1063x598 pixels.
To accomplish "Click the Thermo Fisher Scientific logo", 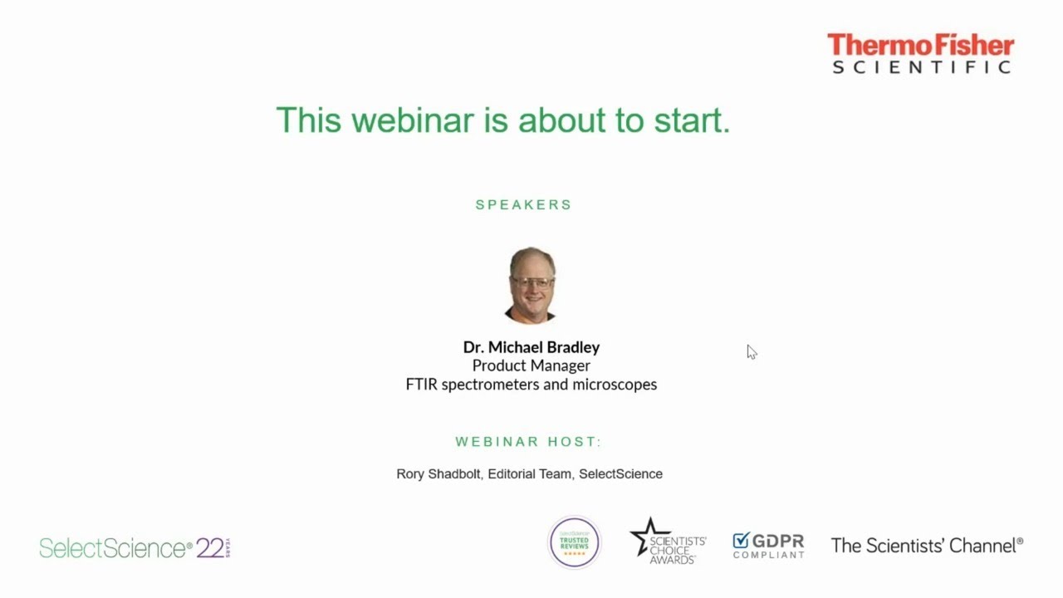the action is coord(921,53).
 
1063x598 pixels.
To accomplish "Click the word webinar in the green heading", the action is coord(413,120).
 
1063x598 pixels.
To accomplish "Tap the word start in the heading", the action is coord(693,120).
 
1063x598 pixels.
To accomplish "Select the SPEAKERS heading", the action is coord(523,204).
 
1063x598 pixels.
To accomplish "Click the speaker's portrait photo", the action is coord(531,285).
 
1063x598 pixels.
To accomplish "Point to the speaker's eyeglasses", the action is coord(532,282).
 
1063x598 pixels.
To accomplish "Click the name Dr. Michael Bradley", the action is coord(531,347).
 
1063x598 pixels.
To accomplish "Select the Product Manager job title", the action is coord(531,365).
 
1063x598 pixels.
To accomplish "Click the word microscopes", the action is coord(615,385).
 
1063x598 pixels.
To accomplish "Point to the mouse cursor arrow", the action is coord(752,351).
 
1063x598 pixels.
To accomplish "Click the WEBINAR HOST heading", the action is coord(528,442).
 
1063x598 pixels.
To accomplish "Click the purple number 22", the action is coord(210,548).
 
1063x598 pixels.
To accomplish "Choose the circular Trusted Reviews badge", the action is coord(574,542).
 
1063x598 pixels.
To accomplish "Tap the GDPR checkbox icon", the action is coord(741,540).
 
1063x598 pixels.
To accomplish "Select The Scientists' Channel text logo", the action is coord(927,546).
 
